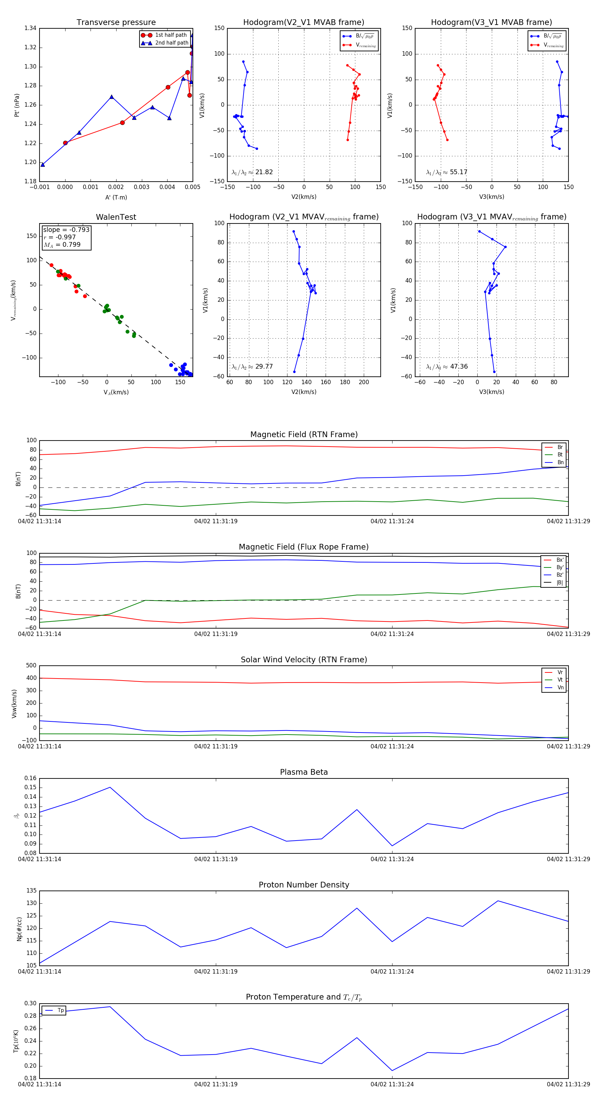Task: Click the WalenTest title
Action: [116, 217]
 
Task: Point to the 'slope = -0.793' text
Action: [66, 230]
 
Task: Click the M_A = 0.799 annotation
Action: [62, 245]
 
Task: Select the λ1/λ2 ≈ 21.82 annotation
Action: [252, 172]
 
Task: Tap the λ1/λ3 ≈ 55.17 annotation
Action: [447, 172]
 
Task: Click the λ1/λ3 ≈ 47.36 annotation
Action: [447, 367]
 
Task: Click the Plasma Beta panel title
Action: [304, 772]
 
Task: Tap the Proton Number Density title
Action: [304, 885]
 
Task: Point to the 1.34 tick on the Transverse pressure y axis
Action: [30, 29]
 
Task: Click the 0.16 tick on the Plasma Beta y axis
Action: [30, 778]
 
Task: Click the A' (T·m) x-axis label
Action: [116, 197]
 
